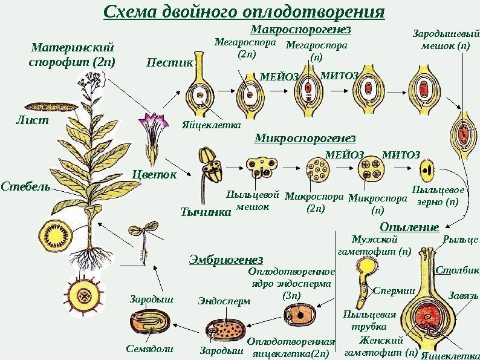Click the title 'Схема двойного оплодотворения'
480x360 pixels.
point(244,12)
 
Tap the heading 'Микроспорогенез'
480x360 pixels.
point(305,140)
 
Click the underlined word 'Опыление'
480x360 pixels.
point(409,227)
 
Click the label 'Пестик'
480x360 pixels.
point(169,62)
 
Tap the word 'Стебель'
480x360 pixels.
point(25,185)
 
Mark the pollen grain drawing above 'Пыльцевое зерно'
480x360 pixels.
point(427,168)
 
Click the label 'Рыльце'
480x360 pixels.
point(461,240)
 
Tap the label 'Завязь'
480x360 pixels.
point(463,295)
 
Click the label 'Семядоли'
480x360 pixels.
point(149,349)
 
